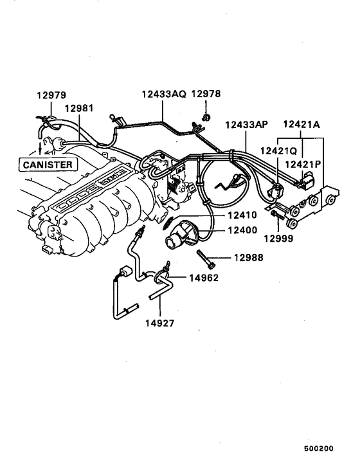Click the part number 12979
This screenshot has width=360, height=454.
coord(51,95)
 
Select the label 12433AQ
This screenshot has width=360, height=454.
coord(164,93)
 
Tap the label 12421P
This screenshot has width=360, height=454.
coord(303,165)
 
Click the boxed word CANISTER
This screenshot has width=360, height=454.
coord(48,164)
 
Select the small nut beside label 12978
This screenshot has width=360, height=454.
coord(205,117)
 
